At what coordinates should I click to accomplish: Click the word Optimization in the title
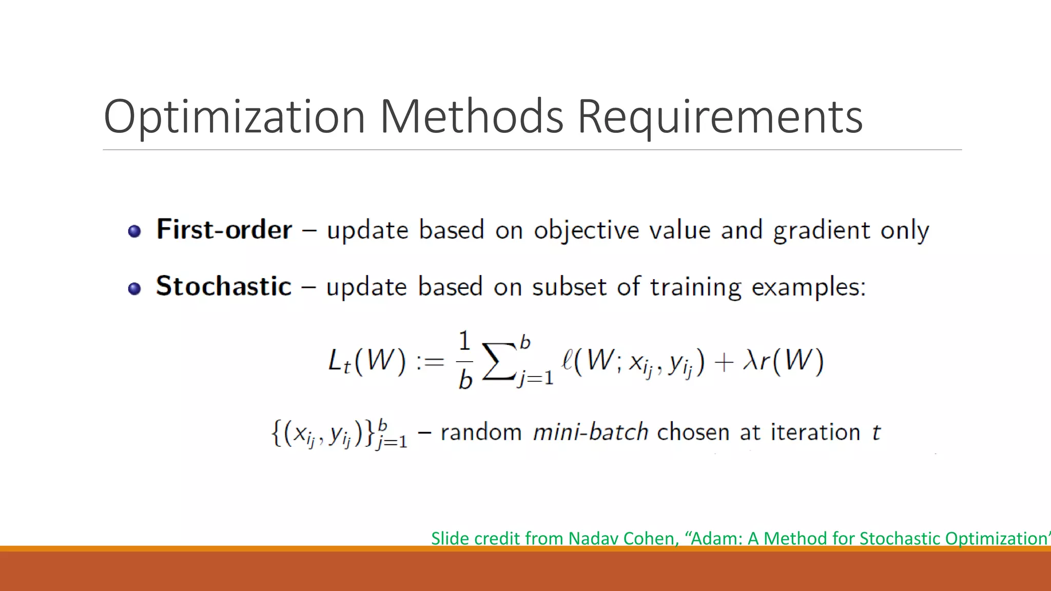click(234, 117)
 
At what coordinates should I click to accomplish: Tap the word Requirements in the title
click(719, 117)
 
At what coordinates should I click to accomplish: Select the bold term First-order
click(224, 229)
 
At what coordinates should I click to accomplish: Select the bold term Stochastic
click(223, 286)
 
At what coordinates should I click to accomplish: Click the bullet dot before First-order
click(134, 231)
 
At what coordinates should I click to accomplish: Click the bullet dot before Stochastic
click(134, 289)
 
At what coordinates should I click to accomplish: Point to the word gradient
click(821, 230)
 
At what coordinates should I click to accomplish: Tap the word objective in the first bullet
click(586, 230)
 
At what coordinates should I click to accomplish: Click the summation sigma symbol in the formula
click(498, 361)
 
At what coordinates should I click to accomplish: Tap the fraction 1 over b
click(464, 361)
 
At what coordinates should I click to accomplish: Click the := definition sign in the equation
click(430, 362)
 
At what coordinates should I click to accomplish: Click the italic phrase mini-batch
click(590, 432)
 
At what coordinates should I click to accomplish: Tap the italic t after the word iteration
click(876, 432)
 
